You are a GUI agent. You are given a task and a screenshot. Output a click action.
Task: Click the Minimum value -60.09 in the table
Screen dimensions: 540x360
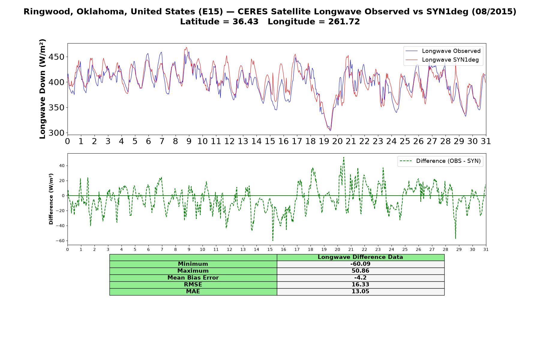[360, 264]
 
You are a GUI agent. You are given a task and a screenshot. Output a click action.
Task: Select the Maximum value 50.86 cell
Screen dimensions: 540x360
[360, 271]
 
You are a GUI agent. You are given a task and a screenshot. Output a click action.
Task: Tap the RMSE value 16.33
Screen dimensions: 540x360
[360, 285]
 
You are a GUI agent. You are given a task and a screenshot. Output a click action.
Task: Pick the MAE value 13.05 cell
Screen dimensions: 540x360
[360, 292]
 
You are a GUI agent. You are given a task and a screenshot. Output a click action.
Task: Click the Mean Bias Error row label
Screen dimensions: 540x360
[193, 278]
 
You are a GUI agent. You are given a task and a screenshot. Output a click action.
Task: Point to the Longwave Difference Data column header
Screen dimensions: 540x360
[360, 257]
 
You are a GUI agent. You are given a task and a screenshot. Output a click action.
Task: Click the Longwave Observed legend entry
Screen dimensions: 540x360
[443, 51]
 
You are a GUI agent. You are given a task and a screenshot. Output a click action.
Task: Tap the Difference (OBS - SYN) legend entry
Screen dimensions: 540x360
[440, 161]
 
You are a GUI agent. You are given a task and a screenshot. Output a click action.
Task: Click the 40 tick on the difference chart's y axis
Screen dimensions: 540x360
[62, 166]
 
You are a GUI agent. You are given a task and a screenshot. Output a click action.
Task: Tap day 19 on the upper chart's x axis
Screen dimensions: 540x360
[324, 141]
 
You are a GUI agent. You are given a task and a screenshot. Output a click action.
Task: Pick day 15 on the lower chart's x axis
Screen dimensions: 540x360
[270, 249]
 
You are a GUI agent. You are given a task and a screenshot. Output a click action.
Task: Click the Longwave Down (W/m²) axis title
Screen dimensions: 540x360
[42, 89]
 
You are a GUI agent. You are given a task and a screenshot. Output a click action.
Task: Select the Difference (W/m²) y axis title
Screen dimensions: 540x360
[51, 199]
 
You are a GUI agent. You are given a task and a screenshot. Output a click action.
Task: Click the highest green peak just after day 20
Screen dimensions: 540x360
[343, 157]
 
